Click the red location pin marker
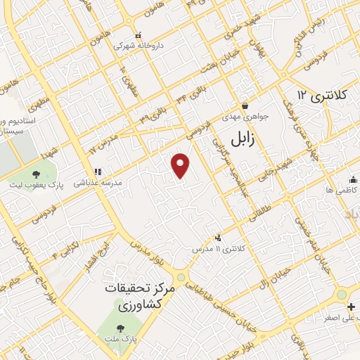[181, 165]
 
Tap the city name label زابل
[244, 139]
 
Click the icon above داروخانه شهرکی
[138, 34]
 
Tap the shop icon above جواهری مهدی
[244, 105]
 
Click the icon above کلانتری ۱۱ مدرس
[219, 238]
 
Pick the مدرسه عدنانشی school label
[93, 182]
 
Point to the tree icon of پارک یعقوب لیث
[36, 172]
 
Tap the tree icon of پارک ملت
[121, 328]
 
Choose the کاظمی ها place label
[338, 191]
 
